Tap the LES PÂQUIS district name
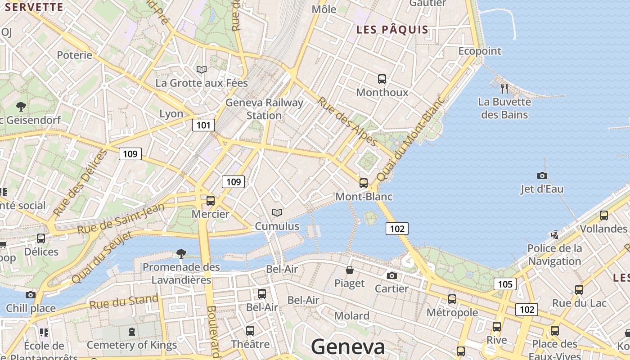(392, 30)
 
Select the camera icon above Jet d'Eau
(542, 175)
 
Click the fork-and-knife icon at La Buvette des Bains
(504, 89)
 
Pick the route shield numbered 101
(203, 125)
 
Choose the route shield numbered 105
(505, 284)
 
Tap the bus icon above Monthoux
(382, 79)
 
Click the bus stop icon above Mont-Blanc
(364, 183)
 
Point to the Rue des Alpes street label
(347, 121)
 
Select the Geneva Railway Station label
(264, 109)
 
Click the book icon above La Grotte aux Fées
(202, 69)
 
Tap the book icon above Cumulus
(277, 212)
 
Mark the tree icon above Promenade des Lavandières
(181, 253)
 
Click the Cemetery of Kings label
(132, 345)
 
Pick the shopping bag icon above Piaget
(350, 270)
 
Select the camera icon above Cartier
(392, 275)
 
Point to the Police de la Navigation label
(554, 254)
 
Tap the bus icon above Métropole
(452, 299)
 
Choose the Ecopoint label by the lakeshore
(480, 51)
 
